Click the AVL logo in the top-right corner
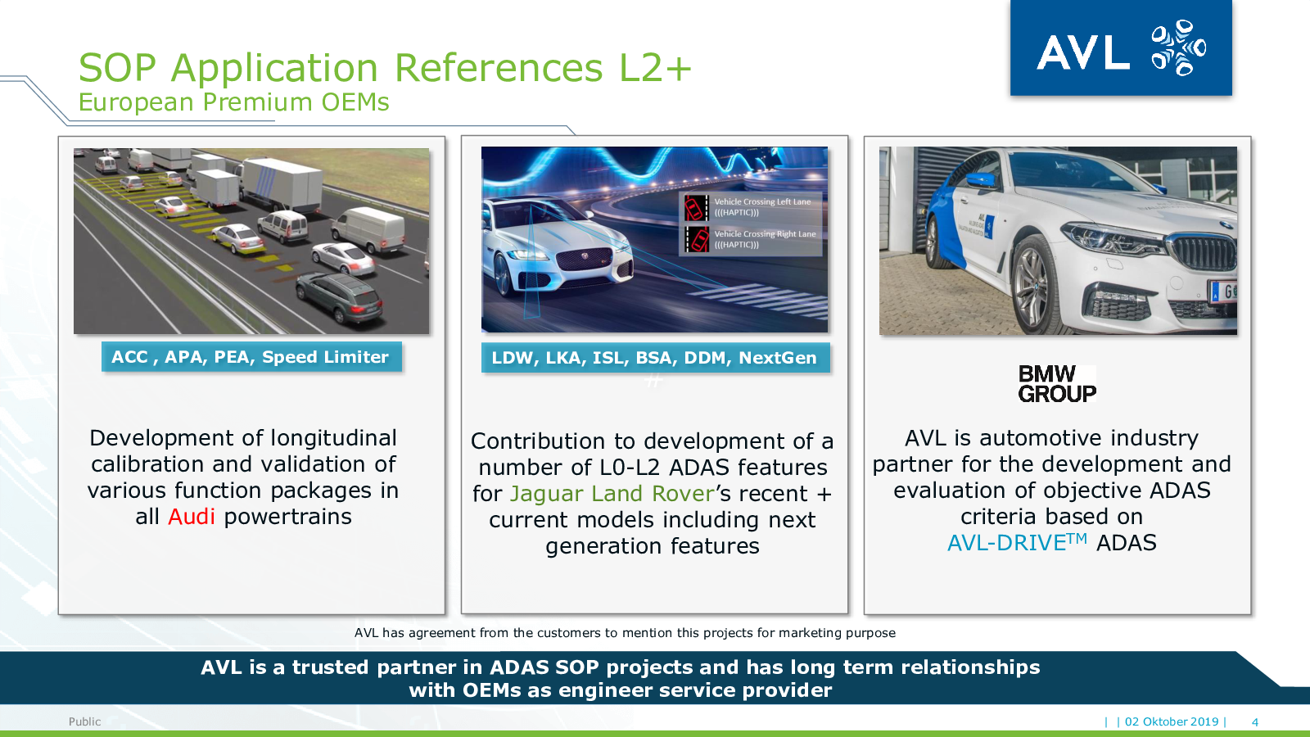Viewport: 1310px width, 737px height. pyautogui.click(x=1121, y=48)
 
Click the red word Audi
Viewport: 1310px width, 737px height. pyautogui.click(x=192, y=517)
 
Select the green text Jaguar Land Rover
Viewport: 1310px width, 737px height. pyautogui.click(x=612, y=494)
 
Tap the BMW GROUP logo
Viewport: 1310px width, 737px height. pyautogui.click(x=1057, y=384)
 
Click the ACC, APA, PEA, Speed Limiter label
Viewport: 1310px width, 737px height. pyautogui.click(x=251, y=357)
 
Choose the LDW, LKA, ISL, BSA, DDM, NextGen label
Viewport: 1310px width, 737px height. pyautogui.click(x=655, y=357)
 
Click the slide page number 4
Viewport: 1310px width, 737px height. pyautogui.click(x=1254, y=721)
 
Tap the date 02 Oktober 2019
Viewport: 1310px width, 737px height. pyautogui.click(x=1172, y=721)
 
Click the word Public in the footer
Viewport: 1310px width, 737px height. pyautogui.click(x=85, y=721)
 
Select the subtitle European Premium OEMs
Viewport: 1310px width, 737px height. pyautogui.click(x=234, y=102)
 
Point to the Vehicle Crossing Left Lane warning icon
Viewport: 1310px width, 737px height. pyautogui.click(x=697, y=207)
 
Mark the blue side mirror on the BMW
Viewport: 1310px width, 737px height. pyautogui.click(x=982, y=179)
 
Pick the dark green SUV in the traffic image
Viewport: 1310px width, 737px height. pyautogui.click(x=339, y=297)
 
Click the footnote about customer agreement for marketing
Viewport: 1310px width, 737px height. pyautogui.click(x=625, y=633)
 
